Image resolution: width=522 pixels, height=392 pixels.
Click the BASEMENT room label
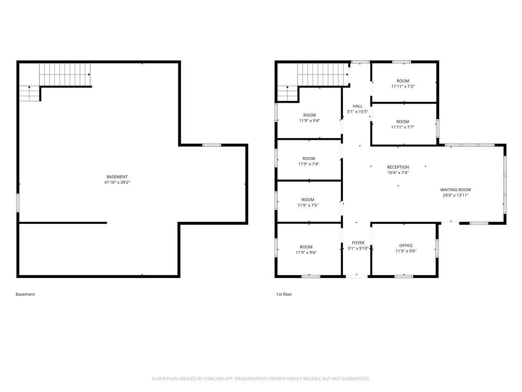117,177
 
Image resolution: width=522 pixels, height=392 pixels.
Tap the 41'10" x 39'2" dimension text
117,182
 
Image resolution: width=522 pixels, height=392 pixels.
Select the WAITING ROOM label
455,190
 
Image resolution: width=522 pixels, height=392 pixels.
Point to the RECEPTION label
398,167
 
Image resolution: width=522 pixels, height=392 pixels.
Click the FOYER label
358,243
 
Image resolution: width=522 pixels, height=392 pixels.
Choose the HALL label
358,106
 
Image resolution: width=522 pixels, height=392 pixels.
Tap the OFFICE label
406,245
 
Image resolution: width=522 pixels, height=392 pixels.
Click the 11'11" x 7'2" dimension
403,86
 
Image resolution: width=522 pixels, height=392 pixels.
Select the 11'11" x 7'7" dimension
403,127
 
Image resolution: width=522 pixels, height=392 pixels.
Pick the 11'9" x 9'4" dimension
309,121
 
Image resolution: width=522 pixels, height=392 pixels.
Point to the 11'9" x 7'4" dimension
309,164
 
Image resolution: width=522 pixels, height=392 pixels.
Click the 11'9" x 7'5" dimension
308,206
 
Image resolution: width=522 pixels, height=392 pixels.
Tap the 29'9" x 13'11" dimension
455,196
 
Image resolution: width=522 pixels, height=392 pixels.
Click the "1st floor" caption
284,294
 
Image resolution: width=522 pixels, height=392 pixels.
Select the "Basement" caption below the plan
25,294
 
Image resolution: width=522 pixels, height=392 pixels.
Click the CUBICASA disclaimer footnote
261,378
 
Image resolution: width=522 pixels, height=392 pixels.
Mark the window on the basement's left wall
18,203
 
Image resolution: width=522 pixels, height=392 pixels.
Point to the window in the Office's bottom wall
404,277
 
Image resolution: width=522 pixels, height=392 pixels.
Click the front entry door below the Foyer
356,277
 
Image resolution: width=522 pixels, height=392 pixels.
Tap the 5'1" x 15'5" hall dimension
358,112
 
